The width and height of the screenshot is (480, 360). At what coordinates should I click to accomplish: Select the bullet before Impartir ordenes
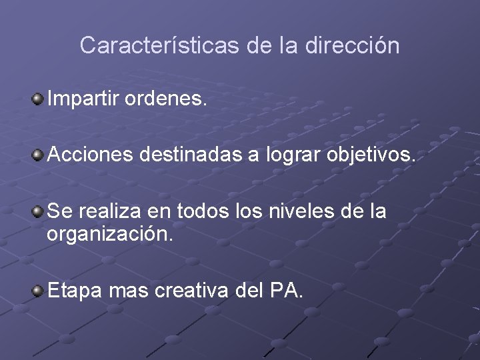pyautogui.click(x=39, y=100)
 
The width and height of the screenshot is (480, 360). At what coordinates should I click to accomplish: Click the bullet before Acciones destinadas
pyautogui.click(x=39, y=155)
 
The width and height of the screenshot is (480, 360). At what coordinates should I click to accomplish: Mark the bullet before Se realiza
pyautogui.click(x=39, y=212)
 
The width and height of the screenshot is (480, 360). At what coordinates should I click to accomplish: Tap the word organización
pyautogui.click(x=109, y=235)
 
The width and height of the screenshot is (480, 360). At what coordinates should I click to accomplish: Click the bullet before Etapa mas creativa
pyautogui.click(x=39, y=288)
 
